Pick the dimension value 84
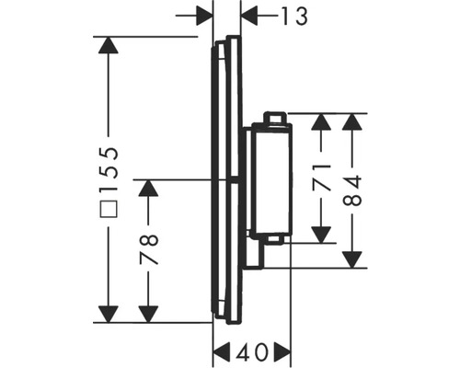(x=353, y=191)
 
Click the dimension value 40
(x=252, y=351)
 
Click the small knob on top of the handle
(x=273, y=117)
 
